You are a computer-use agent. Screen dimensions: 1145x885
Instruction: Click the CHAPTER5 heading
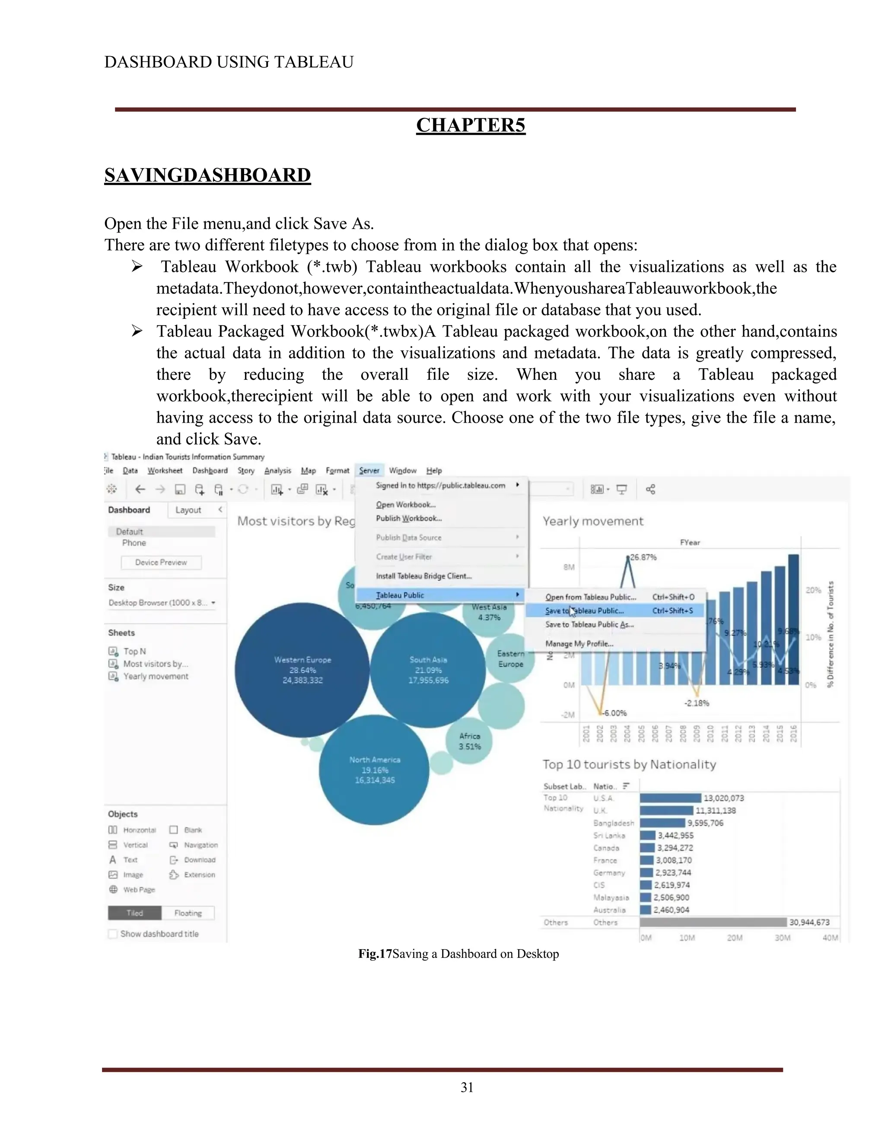pyautogui.click(x=470, y=125)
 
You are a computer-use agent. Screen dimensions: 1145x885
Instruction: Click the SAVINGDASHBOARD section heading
pyautogui.click(x=207, y=175)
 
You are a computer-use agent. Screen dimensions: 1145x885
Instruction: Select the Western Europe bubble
pyautogui.click(x=302, y=670)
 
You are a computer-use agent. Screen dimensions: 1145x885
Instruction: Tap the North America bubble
pyautogui.click(x=374, y=770)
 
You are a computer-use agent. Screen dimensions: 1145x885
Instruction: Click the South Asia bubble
pyautogui.click(x=428, y=670)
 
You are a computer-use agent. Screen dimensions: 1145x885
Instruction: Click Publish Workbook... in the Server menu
pyautogui.click(x=408, y=518)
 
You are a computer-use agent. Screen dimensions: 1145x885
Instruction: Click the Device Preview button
pyautogui.click(x=161, y=562)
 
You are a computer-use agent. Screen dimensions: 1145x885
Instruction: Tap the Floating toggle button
pyautogui.click(x=188, y=913)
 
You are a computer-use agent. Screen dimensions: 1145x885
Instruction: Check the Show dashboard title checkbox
pyautogui.click(x=113, y=934)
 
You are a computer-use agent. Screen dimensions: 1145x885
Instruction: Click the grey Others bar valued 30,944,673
pyautogui.click(x=713, y=922)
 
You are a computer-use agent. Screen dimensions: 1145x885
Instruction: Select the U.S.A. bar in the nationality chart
pyautogui.click(x=670, y=798)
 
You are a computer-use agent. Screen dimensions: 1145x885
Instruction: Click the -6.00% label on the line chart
pyautogui.click(x=614, y=713)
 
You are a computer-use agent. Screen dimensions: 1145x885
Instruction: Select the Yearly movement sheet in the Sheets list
pyautogui.click(x=156, y=676)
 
